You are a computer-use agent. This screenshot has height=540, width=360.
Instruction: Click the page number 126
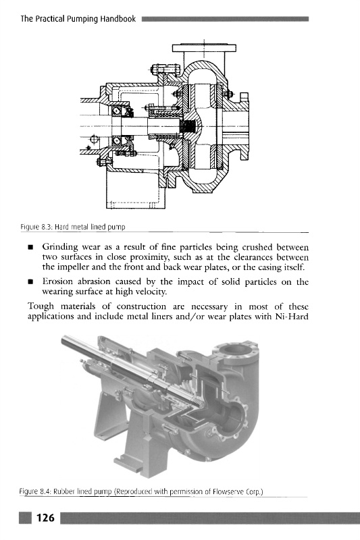[x=45, y=518]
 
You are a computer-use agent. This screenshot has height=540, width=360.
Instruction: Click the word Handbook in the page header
[x=118, y=19]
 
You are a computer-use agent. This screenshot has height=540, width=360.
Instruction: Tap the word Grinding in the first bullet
[x=60, y=247]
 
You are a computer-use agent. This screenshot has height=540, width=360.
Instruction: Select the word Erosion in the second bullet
[x=58, y=281]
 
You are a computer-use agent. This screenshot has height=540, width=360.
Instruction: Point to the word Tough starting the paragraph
[x=41, y=306]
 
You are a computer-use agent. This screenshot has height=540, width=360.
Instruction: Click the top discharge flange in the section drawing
[x=204, y=47]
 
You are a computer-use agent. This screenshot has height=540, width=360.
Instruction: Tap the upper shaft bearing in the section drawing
[x=117, y=111]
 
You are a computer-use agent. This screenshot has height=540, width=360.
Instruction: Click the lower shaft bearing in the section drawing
[x=117, y=141]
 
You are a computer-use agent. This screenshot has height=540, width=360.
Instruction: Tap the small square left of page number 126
[x=25, y=518]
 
